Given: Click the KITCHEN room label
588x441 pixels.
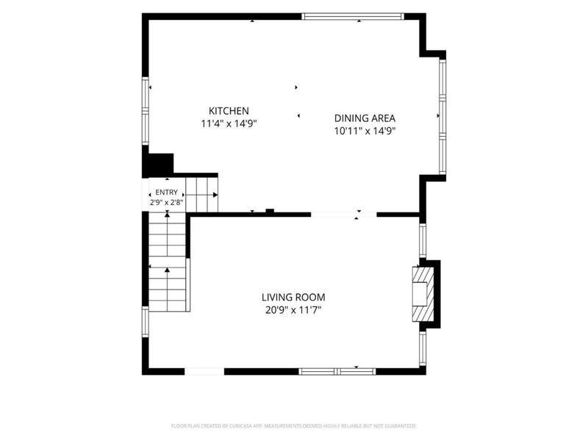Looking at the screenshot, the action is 229,111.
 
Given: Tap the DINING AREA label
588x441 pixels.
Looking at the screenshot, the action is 365,118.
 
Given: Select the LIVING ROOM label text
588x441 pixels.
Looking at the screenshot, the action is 293,298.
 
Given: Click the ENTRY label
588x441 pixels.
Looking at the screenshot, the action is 167,193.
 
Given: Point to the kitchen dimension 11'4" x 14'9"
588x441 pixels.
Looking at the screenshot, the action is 229,123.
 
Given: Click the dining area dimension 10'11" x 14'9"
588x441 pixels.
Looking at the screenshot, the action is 365,131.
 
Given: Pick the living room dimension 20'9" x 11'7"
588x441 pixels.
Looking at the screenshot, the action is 293,310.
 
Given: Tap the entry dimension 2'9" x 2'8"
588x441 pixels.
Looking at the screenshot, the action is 167,203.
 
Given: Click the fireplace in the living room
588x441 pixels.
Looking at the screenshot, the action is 423,294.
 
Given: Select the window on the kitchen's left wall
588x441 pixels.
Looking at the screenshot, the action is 145,111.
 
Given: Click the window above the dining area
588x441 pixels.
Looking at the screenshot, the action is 354,16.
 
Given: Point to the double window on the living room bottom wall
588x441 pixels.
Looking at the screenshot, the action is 337,372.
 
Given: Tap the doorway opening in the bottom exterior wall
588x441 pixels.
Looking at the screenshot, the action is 204,372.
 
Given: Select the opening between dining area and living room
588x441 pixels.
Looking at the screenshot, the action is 344,215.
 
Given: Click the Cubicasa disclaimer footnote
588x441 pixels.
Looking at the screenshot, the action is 293,426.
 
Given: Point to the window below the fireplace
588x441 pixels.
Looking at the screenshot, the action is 423,348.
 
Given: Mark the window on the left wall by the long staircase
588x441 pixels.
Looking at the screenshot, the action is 145,322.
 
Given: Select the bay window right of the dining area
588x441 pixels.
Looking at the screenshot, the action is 442,117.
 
